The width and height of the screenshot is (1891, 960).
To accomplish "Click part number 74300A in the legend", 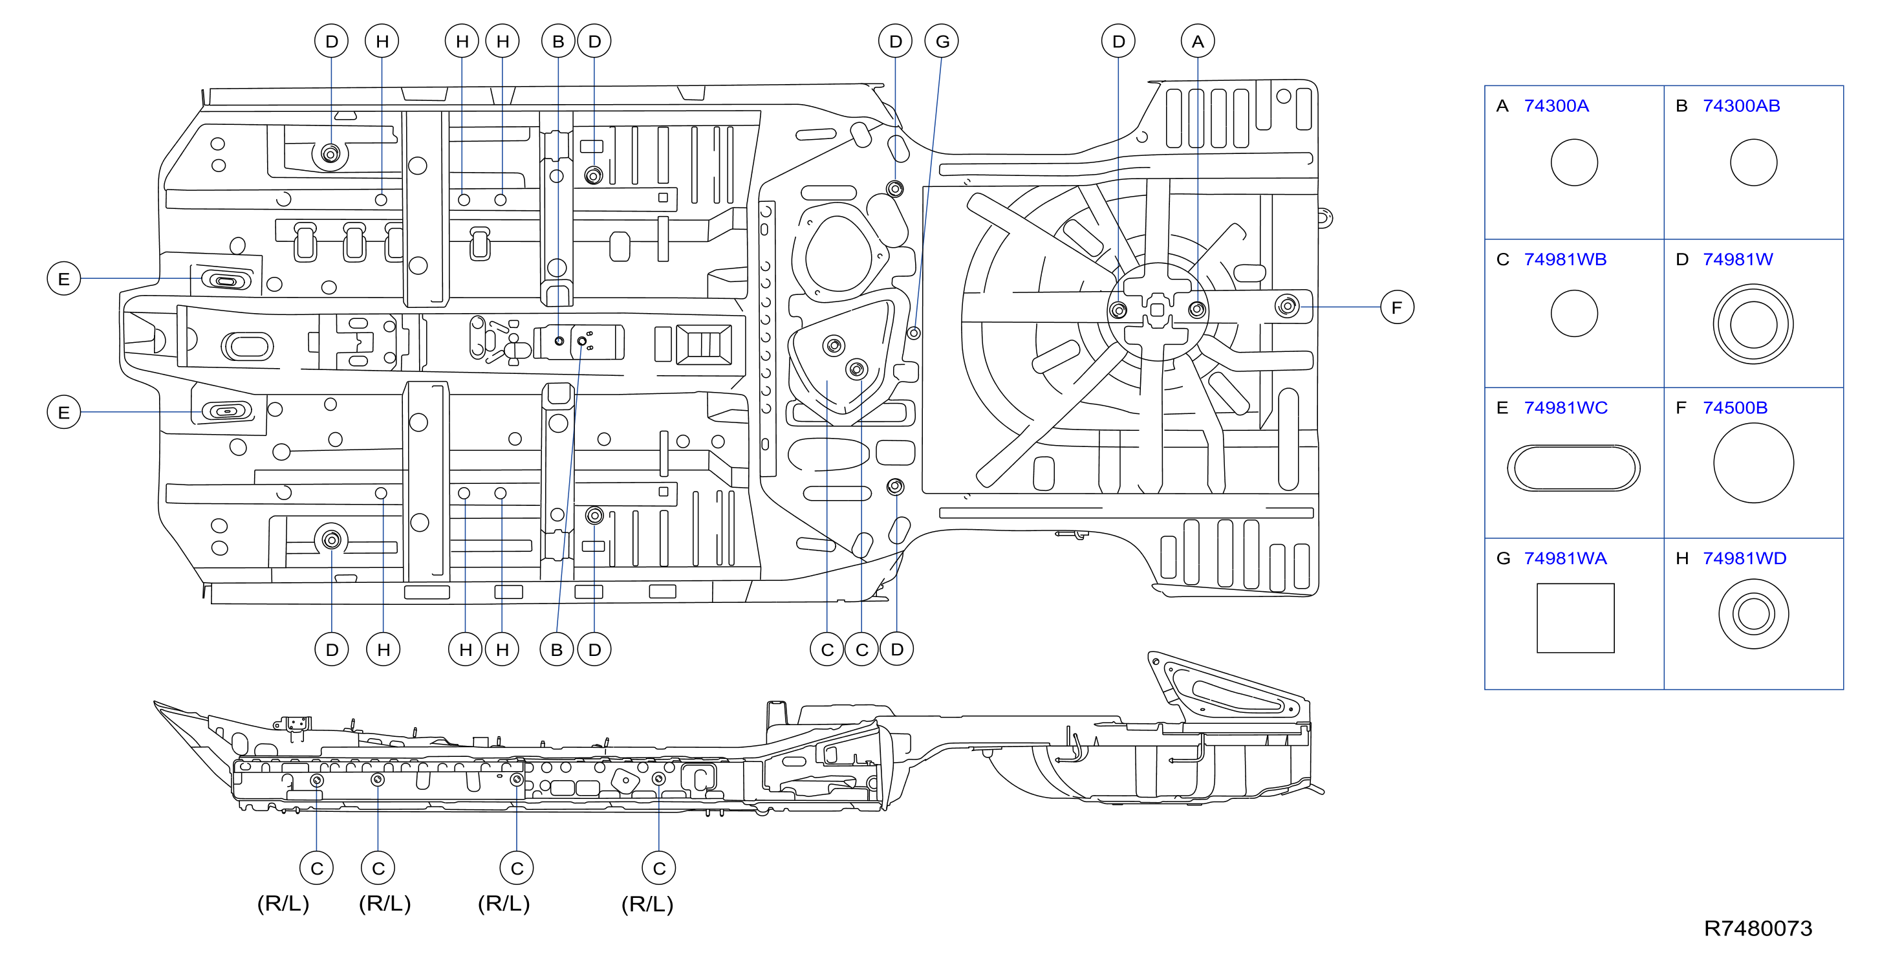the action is click(1555, 106).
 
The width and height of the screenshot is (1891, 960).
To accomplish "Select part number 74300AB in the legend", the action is click(1740, 106).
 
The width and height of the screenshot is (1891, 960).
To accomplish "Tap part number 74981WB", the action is click(1564, 259).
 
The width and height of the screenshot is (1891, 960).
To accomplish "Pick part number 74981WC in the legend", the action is click(1565, 408).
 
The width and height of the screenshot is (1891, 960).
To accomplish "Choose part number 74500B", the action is click(1734, 408).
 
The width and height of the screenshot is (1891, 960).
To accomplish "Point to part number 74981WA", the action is click(1565, 558).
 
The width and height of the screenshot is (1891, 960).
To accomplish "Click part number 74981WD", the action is click(1744, 558).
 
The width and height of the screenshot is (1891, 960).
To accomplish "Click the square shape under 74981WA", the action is click(1575, 618).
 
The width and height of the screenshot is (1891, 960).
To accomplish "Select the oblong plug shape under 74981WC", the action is click(1573, 467).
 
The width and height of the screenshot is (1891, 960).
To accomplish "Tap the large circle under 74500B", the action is click(1753, 463).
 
